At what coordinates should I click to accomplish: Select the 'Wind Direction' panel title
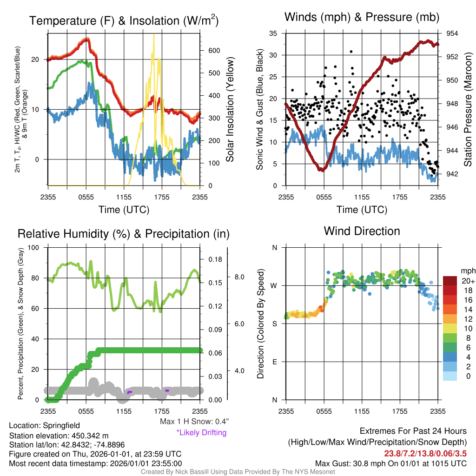(362, 231)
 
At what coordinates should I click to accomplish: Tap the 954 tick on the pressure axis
(452, 33)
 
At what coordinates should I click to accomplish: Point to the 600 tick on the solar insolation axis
(214, 50)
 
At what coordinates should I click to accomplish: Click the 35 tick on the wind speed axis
(273, 33)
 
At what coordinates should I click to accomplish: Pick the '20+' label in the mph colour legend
(468, 281)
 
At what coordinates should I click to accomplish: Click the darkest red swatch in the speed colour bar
(450, 281)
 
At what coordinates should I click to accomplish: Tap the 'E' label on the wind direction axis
(275, 362)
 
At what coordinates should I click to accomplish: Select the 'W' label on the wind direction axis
(274, 286)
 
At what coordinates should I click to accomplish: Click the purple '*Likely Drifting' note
(202, 432)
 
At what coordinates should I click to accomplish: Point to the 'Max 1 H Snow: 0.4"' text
(194, 421)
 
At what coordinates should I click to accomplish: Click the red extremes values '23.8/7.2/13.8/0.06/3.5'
(425, 454)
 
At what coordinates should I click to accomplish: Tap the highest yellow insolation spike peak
(154, 34)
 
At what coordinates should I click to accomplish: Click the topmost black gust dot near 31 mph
(351, 52)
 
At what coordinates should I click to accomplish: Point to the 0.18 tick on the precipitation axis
(215, 259)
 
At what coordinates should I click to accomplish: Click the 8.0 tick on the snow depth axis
(239, 277)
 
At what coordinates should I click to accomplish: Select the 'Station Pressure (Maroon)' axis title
(468, 109)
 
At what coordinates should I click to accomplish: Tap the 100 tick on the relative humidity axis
(33, 247)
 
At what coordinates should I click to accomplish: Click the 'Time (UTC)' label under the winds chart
(362, 210)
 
